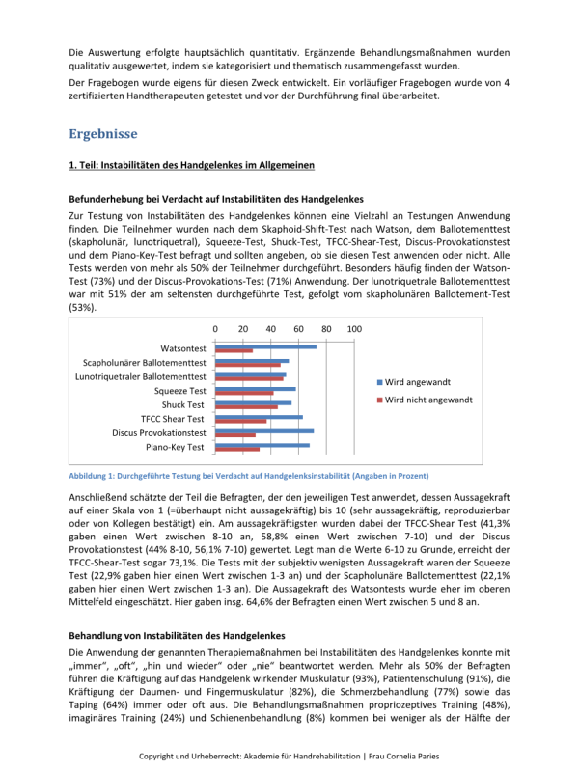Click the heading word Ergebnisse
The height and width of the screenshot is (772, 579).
pyautogui.click(x=103, y=134)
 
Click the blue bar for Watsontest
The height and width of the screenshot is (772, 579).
pyautogui.click(x=265, y=345)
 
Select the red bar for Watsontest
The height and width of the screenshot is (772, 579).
pyautogui.click(x=234, y=350)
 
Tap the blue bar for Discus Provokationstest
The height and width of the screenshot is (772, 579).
pyautogui.click(x=263, y=431)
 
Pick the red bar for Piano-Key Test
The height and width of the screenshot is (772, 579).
pyautogui.click(x=237, y=450)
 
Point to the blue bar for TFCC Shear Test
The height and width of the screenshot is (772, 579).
pyautogui.click(x=259, y=417)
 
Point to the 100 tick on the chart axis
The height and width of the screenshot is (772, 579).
pyautogui.click(x=354, y=329)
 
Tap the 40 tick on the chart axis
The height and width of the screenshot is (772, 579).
pyautogui.click(x=270, y=329)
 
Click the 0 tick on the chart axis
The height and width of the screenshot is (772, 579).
pyautogui.click(x=214, y=329)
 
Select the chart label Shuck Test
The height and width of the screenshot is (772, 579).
pyautogui.click(x=183, y=405)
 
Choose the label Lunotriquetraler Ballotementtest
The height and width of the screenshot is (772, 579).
pyautogui.click(x=141, y=376)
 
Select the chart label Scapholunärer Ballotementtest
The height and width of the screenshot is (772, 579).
pyautogui.click(x=145, y=362)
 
